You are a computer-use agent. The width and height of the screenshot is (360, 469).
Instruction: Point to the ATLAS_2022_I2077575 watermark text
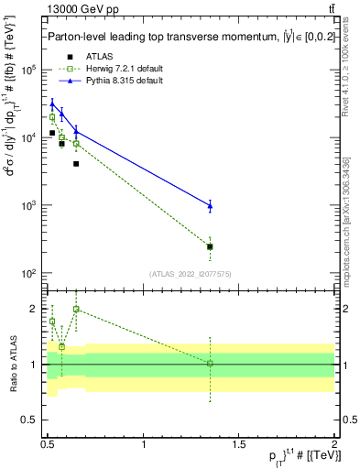pyautogui.click(x=191, y=273)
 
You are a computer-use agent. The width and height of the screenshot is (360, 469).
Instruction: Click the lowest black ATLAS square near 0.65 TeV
pyautogui.click(x=76, y=164)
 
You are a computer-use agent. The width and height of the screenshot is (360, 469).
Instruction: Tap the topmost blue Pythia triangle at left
pyautogui.click(x=52, y=104)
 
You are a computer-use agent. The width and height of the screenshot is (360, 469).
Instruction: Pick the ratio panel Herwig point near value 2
pyautogui.click(x=76, y=310)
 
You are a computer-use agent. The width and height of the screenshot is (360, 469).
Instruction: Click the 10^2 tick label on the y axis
pyautogui.click(x=28, y=274)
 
